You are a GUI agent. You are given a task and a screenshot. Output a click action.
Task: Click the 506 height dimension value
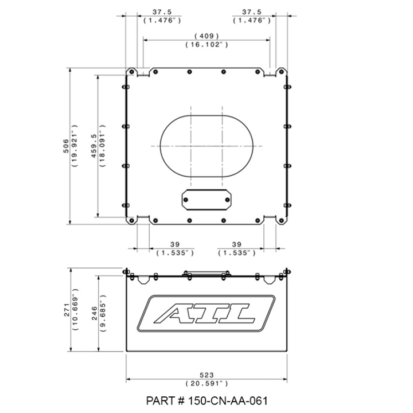(x=66, y=146)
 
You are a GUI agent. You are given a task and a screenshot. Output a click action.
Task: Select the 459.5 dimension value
(x=93, y=146)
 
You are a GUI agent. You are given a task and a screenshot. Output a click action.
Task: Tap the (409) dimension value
(x=206, y=36)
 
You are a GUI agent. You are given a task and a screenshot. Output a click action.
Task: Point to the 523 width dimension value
(x=206, y=375)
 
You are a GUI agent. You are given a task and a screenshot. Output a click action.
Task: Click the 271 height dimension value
(x=67, y=310)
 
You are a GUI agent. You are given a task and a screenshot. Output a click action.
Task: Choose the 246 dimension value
(x=95, y=313)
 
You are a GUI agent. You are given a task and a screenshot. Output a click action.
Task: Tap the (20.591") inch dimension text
(x=206, y=384)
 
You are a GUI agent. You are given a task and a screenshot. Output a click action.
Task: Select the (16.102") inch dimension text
(x=206, y=45)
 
